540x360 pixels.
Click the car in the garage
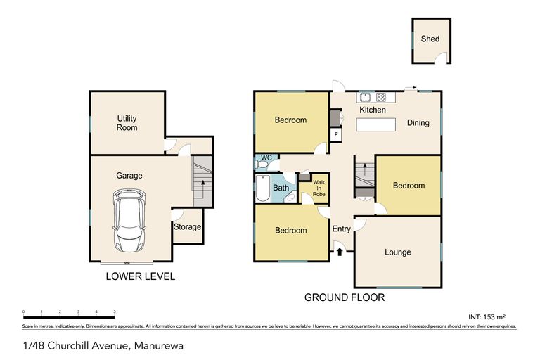(x=129, y=224)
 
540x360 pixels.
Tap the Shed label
(x=430, y=39)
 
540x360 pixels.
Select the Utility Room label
(x=127, y=124)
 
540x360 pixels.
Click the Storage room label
(x=187, y=227)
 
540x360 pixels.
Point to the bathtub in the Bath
(x=262, y=188)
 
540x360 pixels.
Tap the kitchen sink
(x=365, y=98)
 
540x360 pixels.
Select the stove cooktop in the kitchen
(x=381, y=98)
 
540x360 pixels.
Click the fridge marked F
(x=336, y=134)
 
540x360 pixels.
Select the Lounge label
(x=398, y=252)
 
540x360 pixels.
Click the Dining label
(x=418, y=123)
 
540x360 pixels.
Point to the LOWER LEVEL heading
(x=140, y=276)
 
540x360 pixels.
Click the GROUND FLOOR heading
(x=345, y=297)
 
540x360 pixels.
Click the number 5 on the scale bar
(x=115, y=311)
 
